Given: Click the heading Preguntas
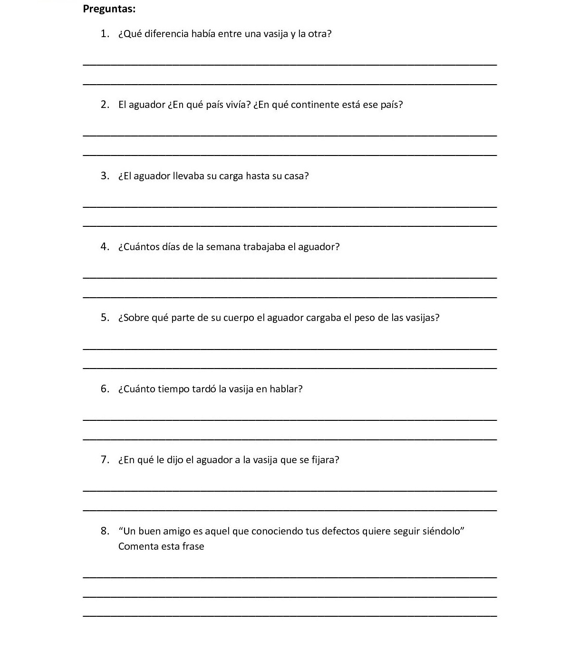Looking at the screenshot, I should click(x=109, y=9).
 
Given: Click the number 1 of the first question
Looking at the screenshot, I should click(x=104, y=34).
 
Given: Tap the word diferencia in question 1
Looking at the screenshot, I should click(x=166, y=34).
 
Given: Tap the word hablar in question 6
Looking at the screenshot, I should click(x=285, y=389).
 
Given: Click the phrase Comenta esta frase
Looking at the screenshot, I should click(x=161, y=546).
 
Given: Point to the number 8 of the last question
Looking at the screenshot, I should click(x=105, y=531).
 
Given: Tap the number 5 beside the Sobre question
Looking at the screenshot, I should click(x=105, y=318).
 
